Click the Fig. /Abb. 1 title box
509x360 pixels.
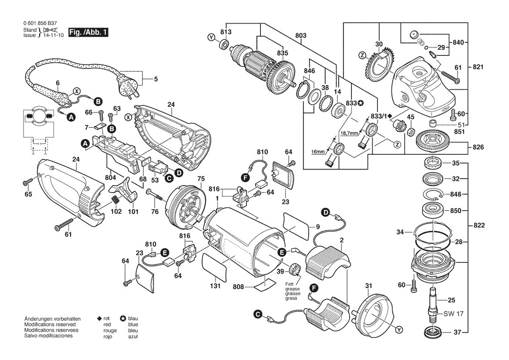[x=88, y=33]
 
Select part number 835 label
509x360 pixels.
[x=283, y=53]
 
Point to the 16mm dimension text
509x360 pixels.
[x=318, y=152]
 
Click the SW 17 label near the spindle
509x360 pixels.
[x=454, y=314]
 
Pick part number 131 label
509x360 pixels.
[x=215, y=286]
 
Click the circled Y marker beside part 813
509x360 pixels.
[x=211, y=38]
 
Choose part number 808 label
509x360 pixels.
[x=238, y=287]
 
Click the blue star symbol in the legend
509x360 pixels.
[x=123, y=319]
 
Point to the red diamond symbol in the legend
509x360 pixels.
[x=100, y=319]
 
